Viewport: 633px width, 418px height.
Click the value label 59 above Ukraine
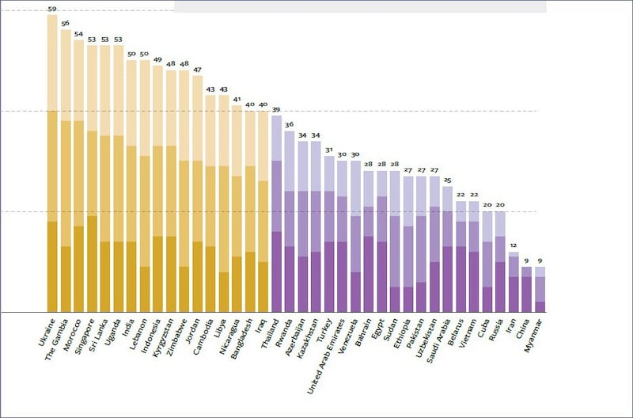point(52,9)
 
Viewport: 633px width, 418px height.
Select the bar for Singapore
point(92,178)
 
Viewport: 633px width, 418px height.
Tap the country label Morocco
point(72,336)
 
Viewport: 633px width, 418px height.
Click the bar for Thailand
point(276,214)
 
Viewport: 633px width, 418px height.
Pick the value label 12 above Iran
point(514,246)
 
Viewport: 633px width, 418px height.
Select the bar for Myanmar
point(540,289)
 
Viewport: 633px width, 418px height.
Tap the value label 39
point(276,110)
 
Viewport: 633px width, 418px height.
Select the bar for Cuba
point(487,261)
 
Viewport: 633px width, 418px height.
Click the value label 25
point(448,180)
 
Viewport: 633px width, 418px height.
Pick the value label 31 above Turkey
point(329,150)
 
